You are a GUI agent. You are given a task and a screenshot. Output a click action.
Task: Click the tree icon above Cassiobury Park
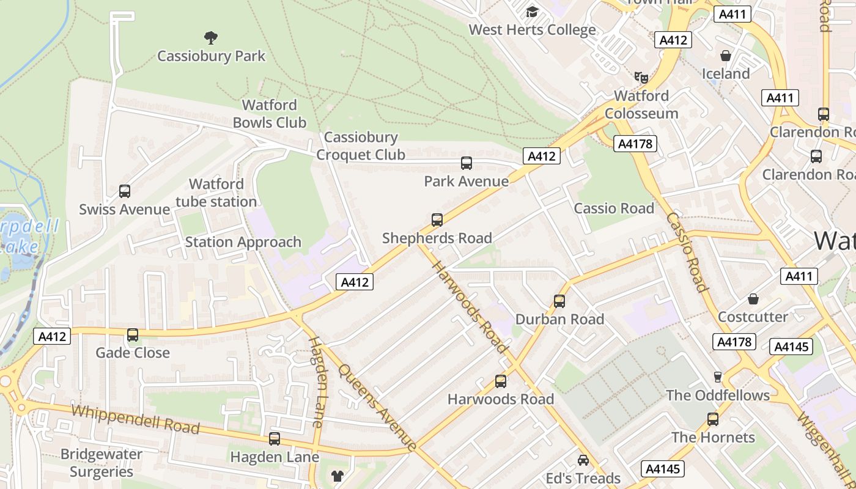(x=211, y=38)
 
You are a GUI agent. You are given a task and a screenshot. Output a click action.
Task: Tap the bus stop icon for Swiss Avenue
(x=125, y=191)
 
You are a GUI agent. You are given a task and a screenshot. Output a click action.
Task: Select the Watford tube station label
(x=216, y=193)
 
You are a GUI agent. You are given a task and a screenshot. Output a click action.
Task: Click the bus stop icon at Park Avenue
(x=467, y=163)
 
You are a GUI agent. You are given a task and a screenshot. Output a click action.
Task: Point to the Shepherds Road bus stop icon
(x=437, y=220)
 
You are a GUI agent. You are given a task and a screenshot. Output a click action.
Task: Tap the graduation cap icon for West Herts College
(x=532, y=12)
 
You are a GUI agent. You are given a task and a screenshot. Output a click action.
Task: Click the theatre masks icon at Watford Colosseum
(x=641, y=77)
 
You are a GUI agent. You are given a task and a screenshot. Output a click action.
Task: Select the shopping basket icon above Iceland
(x=726, y=56)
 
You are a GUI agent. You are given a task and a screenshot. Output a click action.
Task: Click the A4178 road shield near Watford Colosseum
(x=636, y=144)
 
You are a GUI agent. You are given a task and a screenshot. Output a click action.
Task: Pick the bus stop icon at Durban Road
(x=559, y=301)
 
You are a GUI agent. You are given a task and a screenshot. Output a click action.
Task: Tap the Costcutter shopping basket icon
(x=753, y=299)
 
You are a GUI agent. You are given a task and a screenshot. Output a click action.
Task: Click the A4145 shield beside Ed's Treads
(x=663, y=469)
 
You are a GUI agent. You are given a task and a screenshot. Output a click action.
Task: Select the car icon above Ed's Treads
(x=583, y=460)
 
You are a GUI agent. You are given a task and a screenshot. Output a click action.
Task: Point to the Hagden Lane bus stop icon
(x=275, y=438)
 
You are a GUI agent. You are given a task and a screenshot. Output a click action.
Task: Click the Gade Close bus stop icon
(x=133, y=335)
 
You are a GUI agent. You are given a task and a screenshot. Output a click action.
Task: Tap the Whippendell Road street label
(x=135, y=419)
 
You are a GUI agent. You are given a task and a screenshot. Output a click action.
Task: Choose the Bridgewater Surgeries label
(x=101, y=463)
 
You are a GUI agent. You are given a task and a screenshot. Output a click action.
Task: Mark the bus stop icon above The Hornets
(x=713, y=419)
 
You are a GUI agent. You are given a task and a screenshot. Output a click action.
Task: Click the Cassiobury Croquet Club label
(x=361, y=146)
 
